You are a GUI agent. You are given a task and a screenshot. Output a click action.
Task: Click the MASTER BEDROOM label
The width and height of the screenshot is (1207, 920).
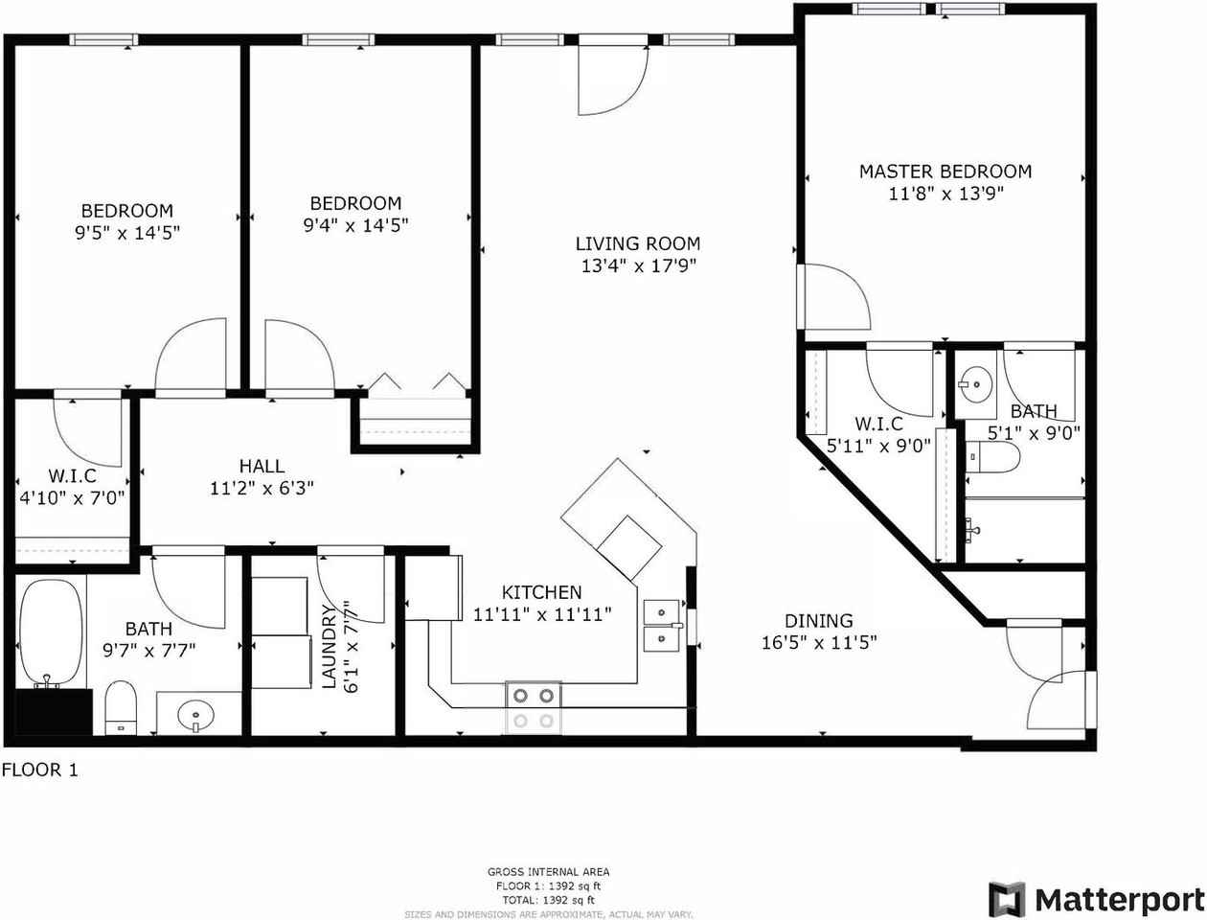pyautogui.click(x=945, y=172)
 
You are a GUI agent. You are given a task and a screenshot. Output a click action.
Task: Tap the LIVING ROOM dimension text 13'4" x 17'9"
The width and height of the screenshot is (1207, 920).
pyautogui.click(x=638, y=266)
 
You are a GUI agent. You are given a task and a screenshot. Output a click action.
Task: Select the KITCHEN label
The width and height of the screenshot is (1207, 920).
pyautogui.click(x=541, y=592)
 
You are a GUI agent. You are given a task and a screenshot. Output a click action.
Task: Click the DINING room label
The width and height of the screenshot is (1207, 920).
pyautogui.click(x=818, y=621)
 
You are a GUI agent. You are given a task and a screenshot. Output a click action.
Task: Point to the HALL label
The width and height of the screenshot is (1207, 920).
pyautogui.click(x=262, y=466)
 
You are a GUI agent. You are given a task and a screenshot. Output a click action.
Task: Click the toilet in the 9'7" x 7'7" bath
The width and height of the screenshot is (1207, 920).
pyautogui.click(x=121, y=707)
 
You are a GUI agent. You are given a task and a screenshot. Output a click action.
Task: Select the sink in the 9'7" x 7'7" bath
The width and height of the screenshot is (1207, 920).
pyautogui.click(x=196, y=715)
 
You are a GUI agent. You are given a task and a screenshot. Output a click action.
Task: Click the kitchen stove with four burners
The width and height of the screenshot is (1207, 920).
pyautogui.click(x=534, y=707)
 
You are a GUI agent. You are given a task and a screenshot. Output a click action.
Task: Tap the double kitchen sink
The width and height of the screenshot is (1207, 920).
pyautogui.click(x=661, y=625)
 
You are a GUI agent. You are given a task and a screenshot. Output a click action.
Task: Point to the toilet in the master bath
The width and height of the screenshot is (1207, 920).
pyautogui.click(x=992, y=457)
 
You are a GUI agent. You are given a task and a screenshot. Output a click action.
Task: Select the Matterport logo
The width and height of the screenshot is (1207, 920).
pyautogui.click(x=1096, y=900)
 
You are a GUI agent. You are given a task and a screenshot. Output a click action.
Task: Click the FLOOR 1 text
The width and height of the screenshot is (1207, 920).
pyautogui.click(x=39, y=770)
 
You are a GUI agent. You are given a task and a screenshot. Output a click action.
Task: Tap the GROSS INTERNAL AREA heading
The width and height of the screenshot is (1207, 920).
pyautogui.click(x=548, y=871)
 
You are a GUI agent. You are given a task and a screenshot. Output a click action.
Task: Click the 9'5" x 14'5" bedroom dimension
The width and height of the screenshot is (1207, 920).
pyautogui.click(x=127, y=232)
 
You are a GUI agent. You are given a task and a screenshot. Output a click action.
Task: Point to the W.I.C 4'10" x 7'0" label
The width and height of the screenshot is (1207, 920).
pyautogui.click(x=72, y=487)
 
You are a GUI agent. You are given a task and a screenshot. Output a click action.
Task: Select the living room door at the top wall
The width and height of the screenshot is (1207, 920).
pyautogui.click(x=611, y=77)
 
